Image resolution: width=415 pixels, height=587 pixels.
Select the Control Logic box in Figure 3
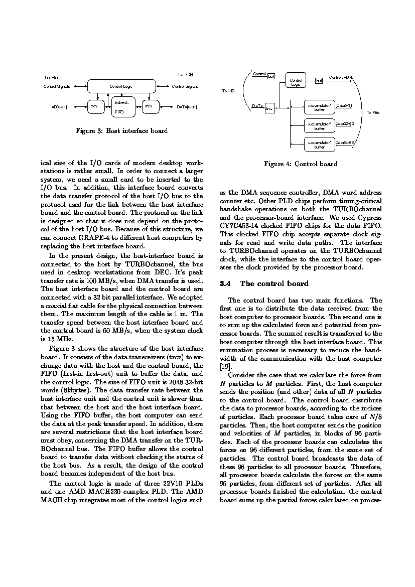tap(121, 86)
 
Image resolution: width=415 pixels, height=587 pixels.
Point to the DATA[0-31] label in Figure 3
tap(187, 107)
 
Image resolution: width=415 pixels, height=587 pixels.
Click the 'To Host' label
tap(53, 78)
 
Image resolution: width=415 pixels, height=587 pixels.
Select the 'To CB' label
tap(185, 75)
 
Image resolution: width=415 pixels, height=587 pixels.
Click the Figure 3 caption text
tap(121, 131)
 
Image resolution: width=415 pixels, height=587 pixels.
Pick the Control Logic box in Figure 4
tap(296, 81)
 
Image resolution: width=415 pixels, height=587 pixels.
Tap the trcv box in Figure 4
tap(269, 108)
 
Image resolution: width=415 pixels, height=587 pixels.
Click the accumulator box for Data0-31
tap(319, 107)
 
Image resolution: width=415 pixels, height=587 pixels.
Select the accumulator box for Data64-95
tap(319, 144)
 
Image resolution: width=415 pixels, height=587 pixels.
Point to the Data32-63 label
tap(345, 123)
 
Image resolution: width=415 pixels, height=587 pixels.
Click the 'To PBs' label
tap(373, 112)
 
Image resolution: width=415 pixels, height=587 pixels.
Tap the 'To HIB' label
tap(228, 91)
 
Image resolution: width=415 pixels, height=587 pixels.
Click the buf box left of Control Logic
tap(271, 76)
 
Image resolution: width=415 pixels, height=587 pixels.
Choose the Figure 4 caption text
tap(301, 164)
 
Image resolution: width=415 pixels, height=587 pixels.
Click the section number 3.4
tap(225, 284)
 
